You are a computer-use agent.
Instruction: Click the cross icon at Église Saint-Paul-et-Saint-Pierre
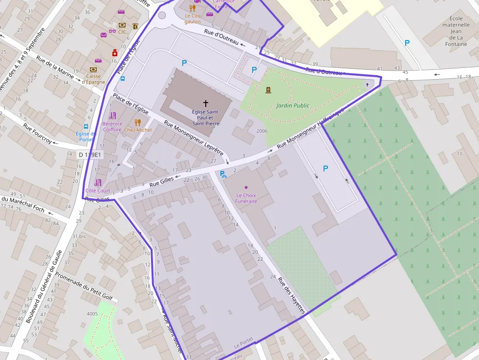[x=205, y=104]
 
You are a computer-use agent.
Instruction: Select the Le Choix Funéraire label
[x=246, y=198]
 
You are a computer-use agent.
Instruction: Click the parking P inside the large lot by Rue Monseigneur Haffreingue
[x=326, y=169]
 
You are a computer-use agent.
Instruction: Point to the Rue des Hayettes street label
[x=291, y=296]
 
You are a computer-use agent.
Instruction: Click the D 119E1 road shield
[x=90, y=155]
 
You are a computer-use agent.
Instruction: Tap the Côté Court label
[x=98, y=191]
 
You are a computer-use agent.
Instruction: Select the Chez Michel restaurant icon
[x=138, y=122]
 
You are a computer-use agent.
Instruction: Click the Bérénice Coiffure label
[x=112, y=127]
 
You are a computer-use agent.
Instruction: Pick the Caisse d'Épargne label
[x=93, y=79]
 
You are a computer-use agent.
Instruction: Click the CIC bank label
[x=122, y=32]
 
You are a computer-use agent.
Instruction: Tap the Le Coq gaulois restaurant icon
[x=193, y=8]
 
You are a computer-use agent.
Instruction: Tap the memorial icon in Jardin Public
[x=268, y=90]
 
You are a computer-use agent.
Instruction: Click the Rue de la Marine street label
[x=55, y=68]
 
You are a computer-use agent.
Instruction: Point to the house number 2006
[x=261, y=131]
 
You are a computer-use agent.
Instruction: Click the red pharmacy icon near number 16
[x=115, y=53]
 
